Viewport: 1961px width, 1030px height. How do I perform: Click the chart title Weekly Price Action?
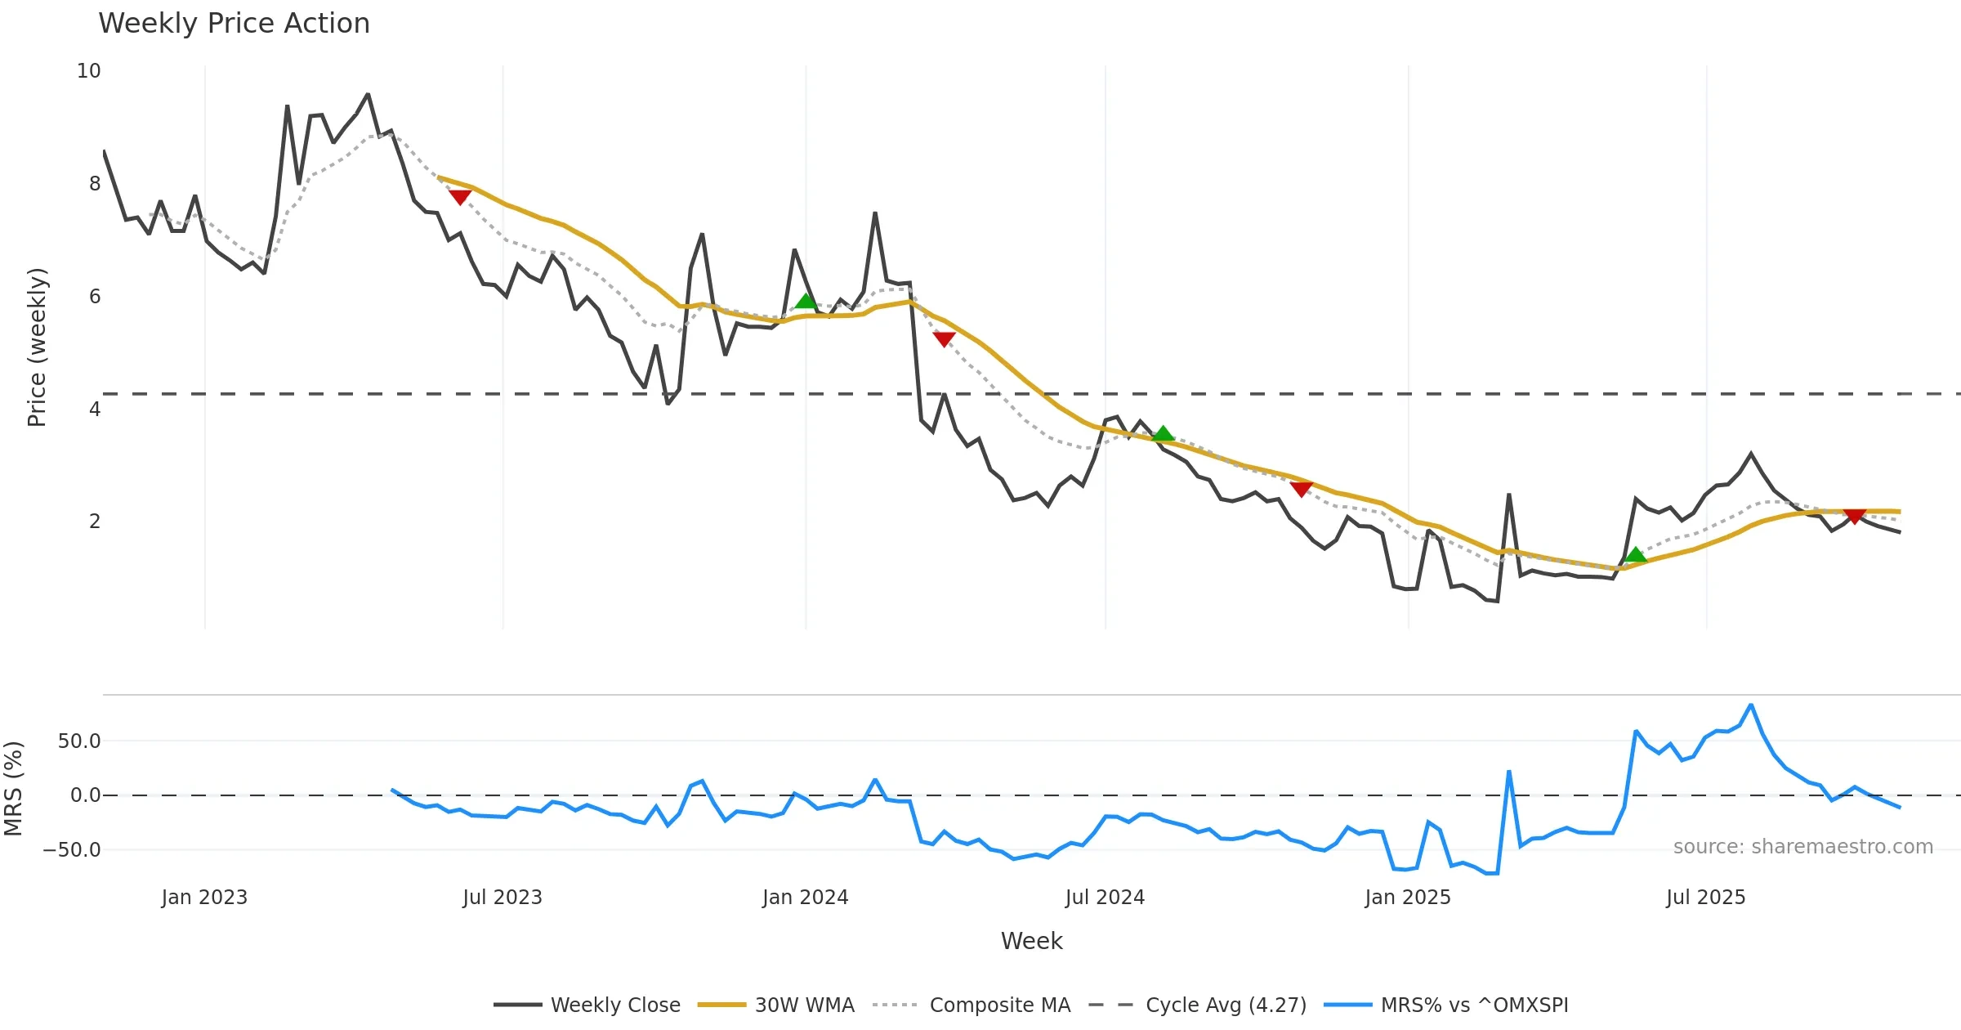(x=234, y=24)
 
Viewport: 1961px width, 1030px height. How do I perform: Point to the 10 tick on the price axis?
(x=89, y=71)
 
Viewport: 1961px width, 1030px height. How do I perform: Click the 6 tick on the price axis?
(x=95, y=297)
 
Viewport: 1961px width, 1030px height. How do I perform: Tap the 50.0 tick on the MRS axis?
(x=79, y=741)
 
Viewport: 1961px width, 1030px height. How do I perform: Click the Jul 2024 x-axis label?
(x=1105, y=898)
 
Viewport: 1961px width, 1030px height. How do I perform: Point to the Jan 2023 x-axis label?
(x=204, y=898)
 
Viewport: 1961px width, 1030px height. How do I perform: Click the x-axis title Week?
(x=1031, y=942)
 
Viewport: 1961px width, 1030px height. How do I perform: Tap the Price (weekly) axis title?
(x=37, y=347)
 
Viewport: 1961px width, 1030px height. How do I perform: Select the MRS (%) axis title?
(x=13, y=789)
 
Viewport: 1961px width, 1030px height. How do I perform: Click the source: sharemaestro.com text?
(x=1802, y=847)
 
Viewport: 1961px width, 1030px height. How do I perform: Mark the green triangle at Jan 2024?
(x=806, y=301)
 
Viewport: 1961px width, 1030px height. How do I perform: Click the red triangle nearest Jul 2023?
(x=460, y=197)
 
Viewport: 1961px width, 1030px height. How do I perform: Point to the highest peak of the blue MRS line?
(x=1750, y=705)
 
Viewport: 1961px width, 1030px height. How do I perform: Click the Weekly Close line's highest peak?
(x=368, y=95)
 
